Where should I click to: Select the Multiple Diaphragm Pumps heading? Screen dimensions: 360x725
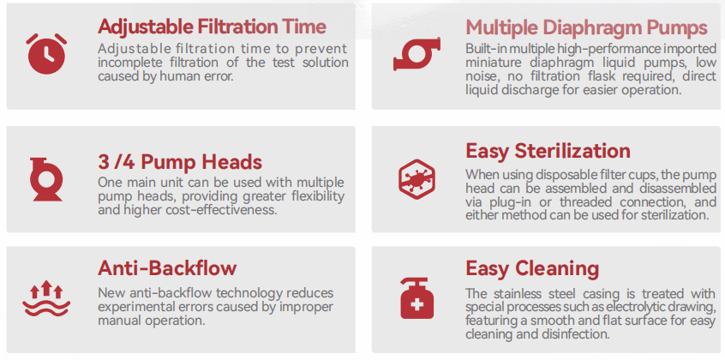pyautogui.click(x=586, y=27)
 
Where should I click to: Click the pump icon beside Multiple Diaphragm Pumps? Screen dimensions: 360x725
pyautogui.click(x=416, y=54)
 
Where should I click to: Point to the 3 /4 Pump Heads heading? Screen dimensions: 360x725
pyautogui.click(x=180, y=162)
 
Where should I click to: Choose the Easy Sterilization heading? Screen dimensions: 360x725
pyautogui.click(x=548, y=152)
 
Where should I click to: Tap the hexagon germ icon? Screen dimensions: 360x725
pyautogui.click(x=416, y=178)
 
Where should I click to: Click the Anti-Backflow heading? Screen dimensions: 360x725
pyautogui.click(x=167, y=268)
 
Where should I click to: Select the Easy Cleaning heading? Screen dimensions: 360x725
pyautogui.click(x=532, y=268)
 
